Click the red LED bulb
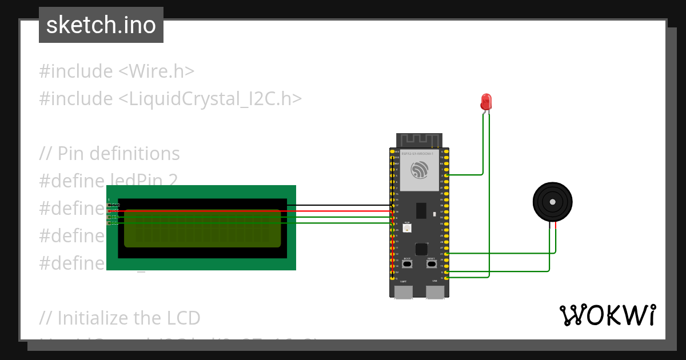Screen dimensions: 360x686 pos(486,102)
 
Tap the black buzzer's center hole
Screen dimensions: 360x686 pos(552,202)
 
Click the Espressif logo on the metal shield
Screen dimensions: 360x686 pos(420,169)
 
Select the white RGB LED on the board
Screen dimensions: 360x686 pos(407,229)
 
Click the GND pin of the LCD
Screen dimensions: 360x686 pos(109,205)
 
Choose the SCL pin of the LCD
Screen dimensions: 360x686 pos(109,223)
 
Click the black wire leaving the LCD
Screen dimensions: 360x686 pos(343,205)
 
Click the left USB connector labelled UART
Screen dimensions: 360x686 pos(404,292)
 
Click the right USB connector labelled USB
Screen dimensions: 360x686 pos(435,292)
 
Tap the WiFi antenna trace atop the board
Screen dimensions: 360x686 pos(420,140)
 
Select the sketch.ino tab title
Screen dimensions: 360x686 pos(101,25)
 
